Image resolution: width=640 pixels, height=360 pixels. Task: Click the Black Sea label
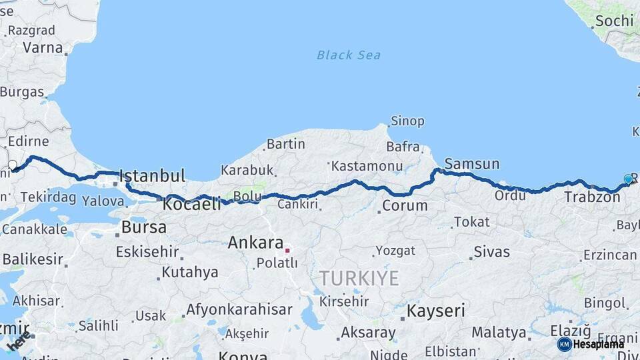[349, 55]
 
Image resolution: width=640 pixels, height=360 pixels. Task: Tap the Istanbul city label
[152, 177]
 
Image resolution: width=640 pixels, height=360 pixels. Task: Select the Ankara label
[255, 243]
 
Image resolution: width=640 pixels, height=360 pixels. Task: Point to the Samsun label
[471, 164]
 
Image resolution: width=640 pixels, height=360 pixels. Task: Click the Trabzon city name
[592, 197]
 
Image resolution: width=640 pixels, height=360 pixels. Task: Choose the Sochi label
[614, 21]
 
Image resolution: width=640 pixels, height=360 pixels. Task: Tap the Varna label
[43, 48]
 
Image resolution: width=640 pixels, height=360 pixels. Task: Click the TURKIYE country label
[359, 278]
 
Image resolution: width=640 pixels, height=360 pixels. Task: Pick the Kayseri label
[436, 311]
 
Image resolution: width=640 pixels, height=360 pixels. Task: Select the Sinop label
[407, 121]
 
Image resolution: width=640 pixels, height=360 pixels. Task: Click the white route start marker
[12, 164]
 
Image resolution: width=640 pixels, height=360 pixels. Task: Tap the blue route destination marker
[628, 179]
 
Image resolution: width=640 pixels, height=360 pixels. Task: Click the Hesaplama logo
[591, 344]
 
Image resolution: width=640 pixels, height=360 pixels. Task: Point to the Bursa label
[143, 227]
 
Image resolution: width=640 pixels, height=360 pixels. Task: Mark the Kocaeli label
[191, 205]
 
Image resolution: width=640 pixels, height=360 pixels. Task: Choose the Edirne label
[27, 141]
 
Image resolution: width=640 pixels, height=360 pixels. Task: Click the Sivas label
[491, 252]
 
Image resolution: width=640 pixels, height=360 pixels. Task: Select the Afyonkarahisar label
[239, 309]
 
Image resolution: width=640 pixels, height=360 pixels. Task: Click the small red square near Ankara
[287, 251]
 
